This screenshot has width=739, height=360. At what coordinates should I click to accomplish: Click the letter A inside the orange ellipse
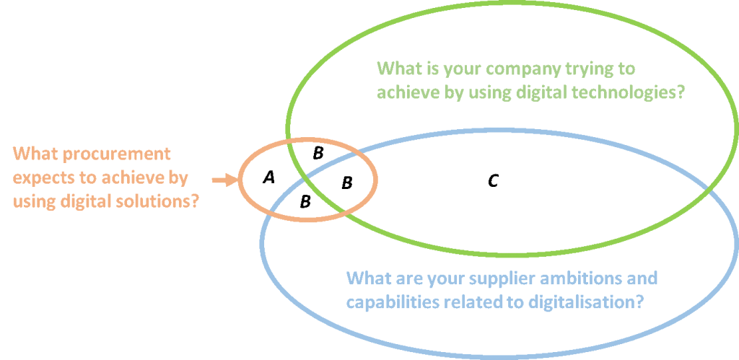point(268,177)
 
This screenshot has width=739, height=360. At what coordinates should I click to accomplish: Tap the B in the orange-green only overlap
point(318,153)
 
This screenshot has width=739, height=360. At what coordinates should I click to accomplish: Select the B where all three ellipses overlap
point(347,183)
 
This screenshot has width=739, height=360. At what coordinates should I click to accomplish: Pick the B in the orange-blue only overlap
point(305,202)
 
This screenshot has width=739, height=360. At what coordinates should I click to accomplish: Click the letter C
point(493,180)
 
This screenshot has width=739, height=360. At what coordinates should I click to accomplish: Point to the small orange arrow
point(224,180)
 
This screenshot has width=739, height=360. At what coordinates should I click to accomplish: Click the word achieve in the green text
point(407,93)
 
